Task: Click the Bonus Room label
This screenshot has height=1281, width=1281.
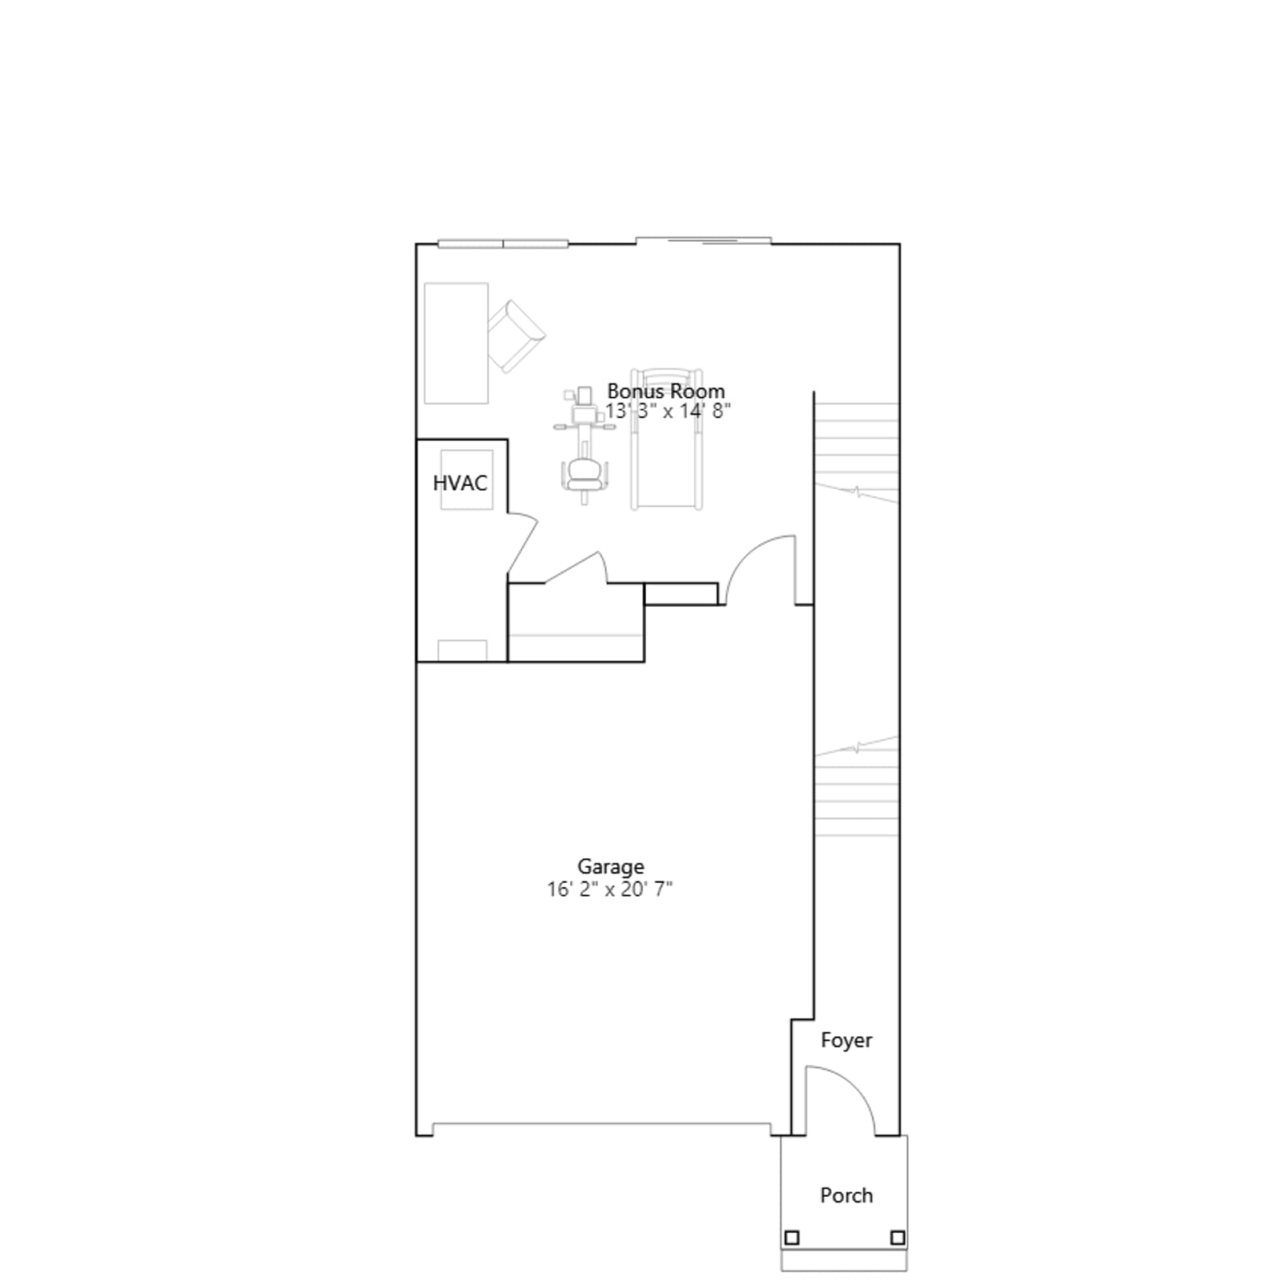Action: (665, 391)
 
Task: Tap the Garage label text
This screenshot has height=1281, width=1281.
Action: (611, 867)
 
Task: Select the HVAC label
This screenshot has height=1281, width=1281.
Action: (460, 483)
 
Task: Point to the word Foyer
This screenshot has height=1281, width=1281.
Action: (846, 1041)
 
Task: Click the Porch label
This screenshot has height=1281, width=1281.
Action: (846, 1195)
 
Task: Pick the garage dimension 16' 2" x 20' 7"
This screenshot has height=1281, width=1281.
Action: (610, 889)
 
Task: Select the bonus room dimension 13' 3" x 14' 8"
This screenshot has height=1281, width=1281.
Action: (668, 412)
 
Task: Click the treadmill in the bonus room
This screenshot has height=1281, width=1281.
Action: (667, 439)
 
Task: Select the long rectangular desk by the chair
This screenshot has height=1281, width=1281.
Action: (456, 343)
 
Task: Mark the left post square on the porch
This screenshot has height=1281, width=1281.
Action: (792, 1238)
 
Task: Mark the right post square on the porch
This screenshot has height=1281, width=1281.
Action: (898, 1238)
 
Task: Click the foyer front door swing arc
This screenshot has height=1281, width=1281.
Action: (854, 1083)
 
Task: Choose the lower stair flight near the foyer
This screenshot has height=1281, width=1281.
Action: (856, 787)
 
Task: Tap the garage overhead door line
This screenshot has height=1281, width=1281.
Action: (601, 1124)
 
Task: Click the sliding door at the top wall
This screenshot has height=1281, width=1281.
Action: (703, 240)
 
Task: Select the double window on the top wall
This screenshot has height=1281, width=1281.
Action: (503, 243)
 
